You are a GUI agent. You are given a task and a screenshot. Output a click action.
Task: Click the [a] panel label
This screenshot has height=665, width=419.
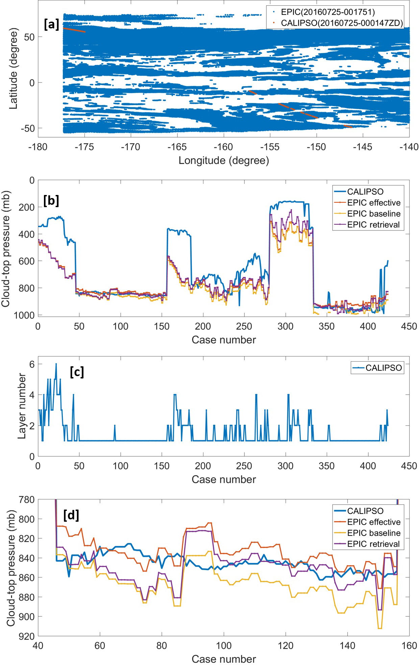[51, 24]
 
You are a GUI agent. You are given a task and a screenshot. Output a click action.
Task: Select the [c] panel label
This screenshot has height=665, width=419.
[77, 372]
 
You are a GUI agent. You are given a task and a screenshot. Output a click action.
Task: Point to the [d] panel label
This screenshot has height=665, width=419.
[71, 515]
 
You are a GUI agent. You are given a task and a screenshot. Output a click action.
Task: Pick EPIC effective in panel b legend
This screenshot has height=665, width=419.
[374, 203]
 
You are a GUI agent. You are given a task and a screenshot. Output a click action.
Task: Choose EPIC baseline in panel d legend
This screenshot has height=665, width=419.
[374, 533]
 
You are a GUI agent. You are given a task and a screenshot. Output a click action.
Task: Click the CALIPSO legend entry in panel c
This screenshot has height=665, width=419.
[384, 368]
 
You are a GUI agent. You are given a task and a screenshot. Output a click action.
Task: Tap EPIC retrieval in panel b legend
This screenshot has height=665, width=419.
[373, 225]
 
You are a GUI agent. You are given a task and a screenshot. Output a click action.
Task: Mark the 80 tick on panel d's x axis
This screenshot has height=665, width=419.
[162, 645]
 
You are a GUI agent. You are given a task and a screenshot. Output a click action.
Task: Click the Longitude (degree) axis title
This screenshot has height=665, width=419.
[224, 161]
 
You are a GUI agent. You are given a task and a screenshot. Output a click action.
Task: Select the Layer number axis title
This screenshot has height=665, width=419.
[22, 406]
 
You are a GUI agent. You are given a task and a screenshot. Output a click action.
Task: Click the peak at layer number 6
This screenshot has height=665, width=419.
[56, 364]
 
